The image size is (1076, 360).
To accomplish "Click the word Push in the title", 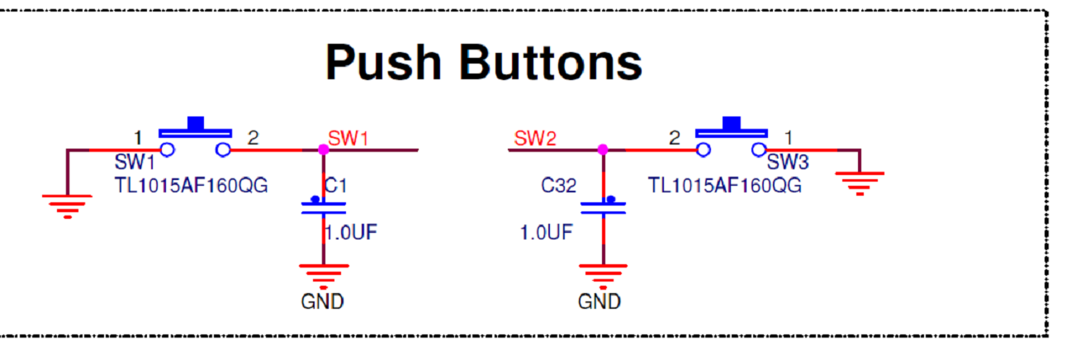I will pos(383,62).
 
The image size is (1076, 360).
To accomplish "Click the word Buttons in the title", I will pos(551,62).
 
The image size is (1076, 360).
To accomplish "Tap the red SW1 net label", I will pos(348,138).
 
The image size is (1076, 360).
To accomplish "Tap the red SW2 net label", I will pos(534,138).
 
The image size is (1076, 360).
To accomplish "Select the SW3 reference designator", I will pos(787,163).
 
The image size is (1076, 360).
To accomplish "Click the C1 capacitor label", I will pos(334,186).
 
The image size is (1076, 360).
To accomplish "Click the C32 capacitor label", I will pos(558,186).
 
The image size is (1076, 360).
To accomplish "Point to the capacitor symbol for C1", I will pos(323,207).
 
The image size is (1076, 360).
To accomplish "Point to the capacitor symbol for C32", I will pos(603,207).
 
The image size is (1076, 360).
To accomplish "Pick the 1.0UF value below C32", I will pos(546,233).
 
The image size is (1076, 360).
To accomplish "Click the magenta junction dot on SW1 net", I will pos(323,149).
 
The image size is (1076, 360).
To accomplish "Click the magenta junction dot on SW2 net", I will pos(603,149).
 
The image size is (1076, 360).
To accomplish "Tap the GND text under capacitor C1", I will pos(323,301).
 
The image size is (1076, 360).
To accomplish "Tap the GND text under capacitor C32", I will pos(600,301).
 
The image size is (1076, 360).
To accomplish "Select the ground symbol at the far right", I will pos(860,181).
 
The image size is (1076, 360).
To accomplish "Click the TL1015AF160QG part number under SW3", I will pos(724,185).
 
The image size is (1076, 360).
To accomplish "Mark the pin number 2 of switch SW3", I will pos(675,138).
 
